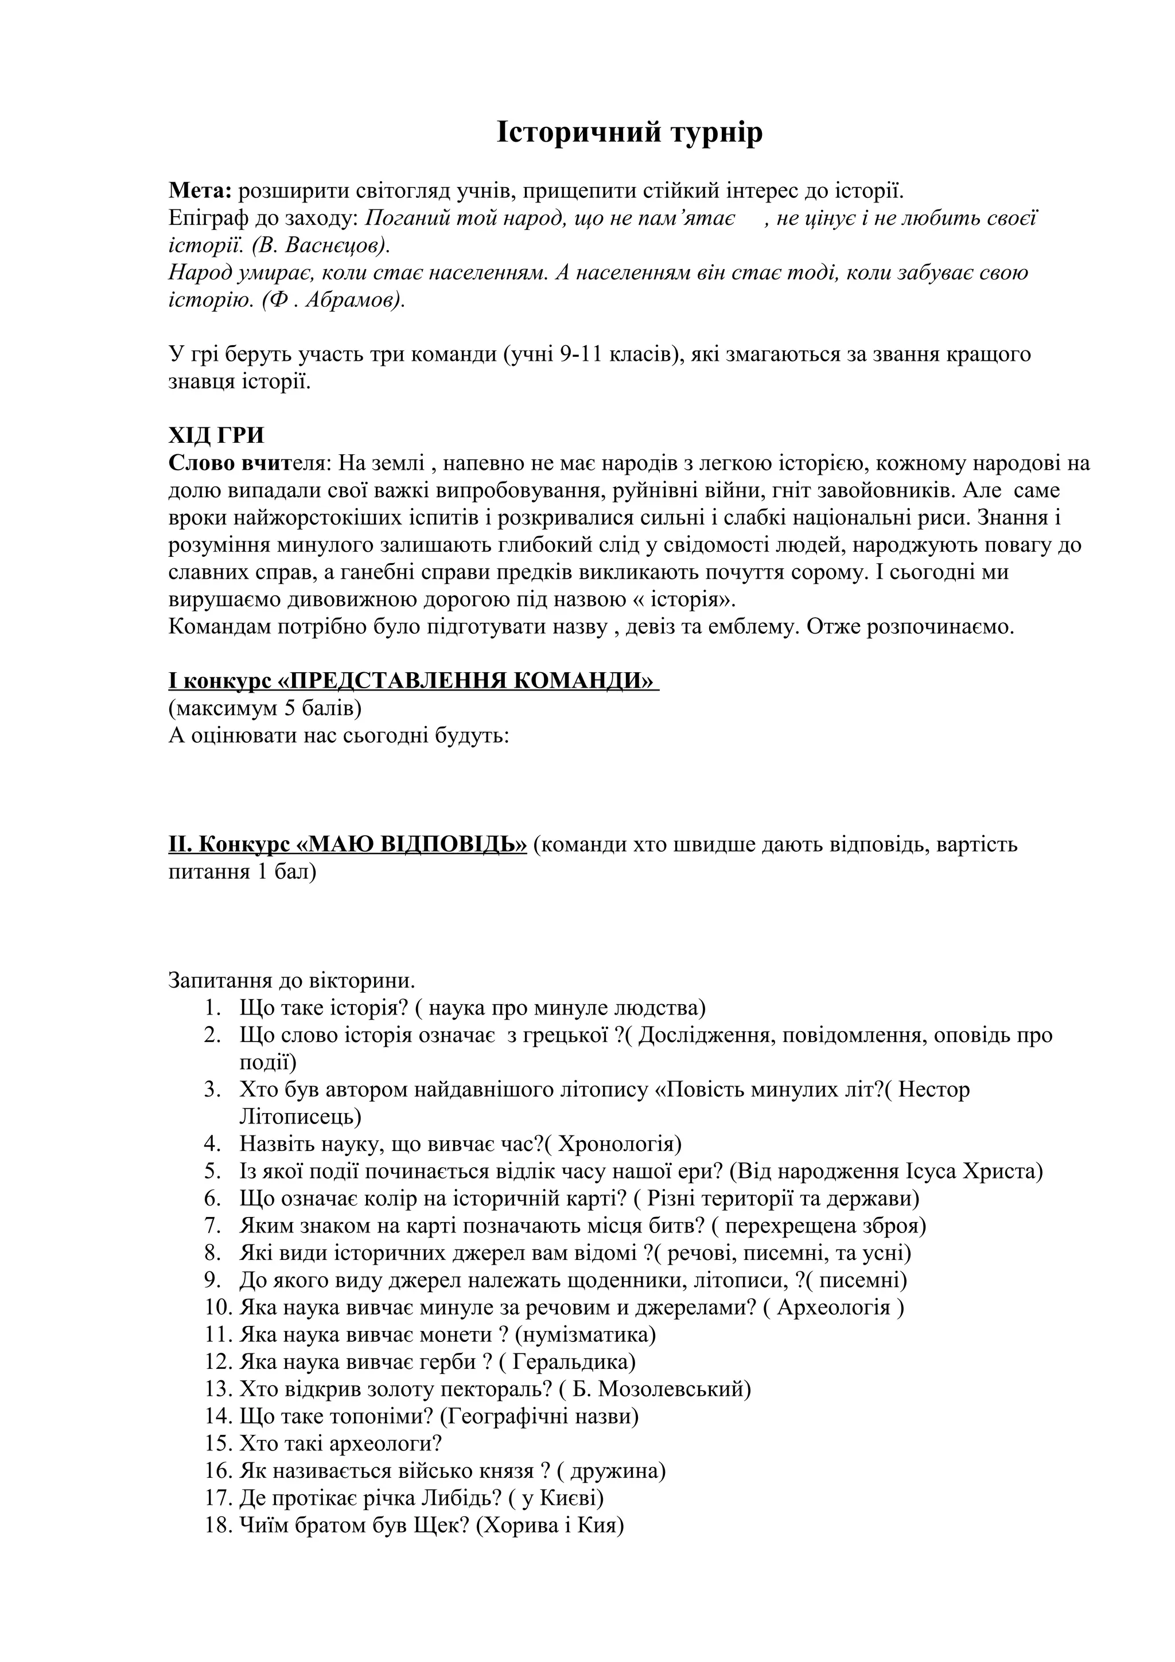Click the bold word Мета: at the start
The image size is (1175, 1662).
[200, 191]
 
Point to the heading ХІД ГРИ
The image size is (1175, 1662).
[216, 436]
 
